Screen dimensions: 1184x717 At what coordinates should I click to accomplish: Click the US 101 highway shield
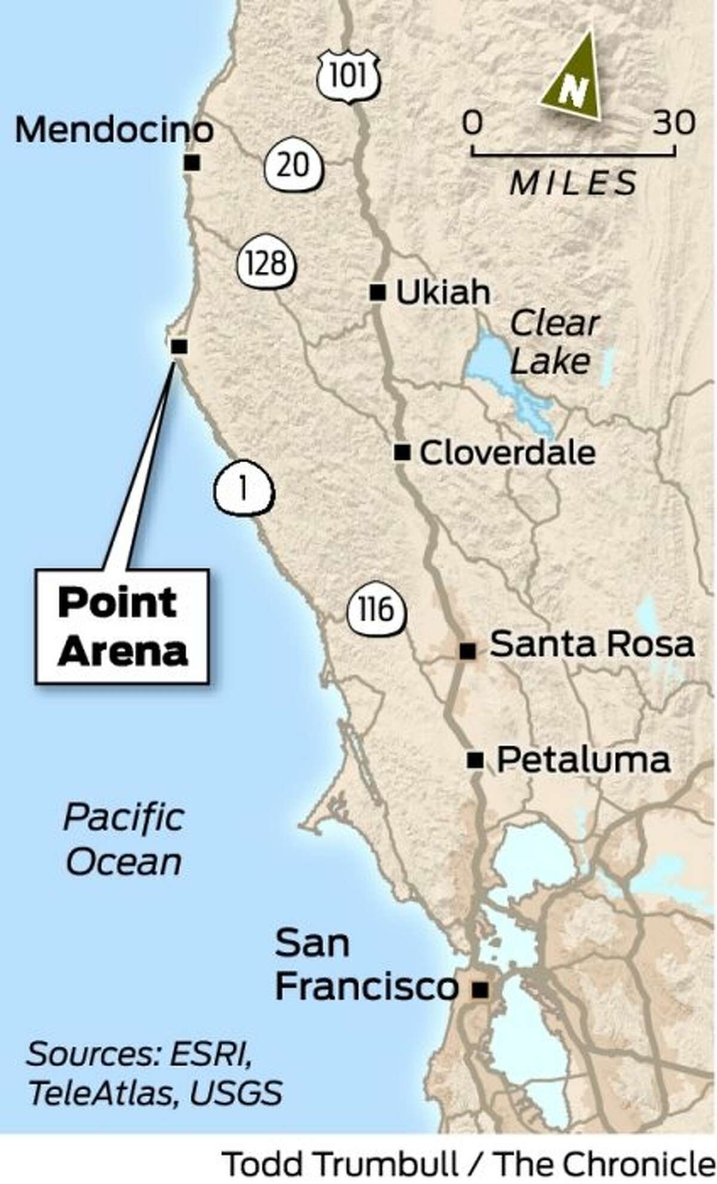coord(348,77)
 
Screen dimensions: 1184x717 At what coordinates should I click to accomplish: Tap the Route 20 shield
coord(293,166)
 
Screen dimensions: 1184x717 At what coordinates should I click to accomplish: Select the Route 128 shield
coord(266,264)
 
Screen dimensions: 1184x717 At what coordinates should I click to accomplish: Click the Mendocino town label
coord(114,130)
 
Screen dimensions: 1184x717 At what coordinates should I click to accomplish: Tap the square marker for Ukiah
coord(377,292)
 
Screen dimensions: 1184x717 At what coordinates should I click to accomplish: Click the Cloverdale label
coord(507,453)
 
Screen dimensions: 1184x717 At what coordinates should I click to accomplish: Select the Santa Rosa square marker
coord(467,651)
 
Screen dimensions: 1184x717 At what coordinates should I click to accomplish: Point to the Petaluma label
coord(583,760)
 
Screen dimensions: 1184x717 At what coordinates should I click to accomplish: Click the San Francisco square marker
coord(480,990)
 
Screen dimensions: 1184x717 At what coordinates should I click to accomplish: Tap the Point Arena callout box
coord(122,626)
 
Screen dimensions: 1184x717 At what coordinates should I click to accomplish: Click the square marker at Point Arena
coord(179,346)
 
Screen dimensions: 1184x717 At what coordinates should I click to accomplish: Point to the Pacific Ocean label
coord(124,840)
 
